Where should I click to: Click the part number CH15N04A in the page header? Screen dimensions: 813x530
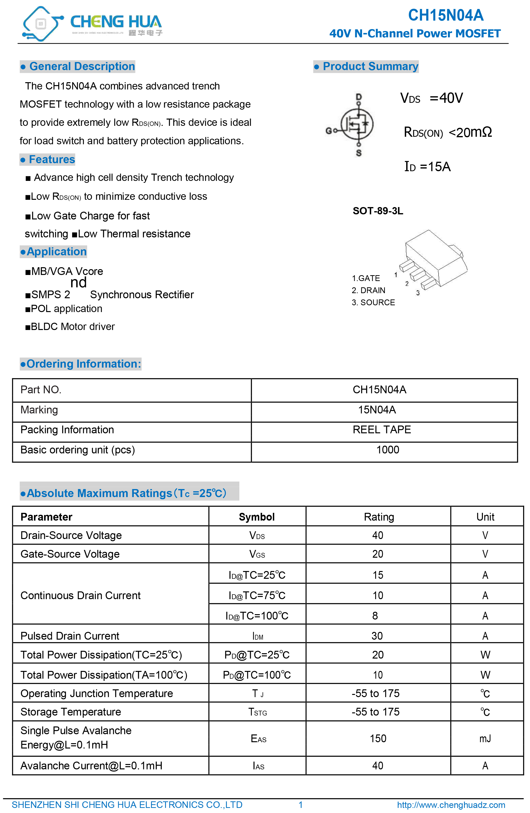[x=446, y=15]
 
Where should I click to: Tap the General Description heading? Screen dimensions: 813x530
[x=78, y=66]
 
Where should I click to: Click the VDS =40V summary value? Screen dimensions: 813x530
[x=431, y=98]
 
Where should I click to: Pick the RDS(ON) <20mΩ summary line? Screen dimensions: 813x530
[x=448, y=132]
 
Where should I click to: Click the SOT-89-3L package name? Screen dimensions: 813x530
[x=378, y=211]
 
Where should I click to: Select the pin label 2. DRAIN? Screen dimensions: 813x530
[x=369, y=290]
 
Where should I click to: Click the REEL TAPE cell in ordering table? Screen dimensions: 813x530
[x=382, y=429]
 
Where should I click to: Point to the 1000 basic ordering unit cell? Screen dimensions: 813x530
[x=387, y=450]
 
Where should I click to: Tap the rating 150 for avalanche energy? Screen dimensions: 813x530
[x=378, y=739]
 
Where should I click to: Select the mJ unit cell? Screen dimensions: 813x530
[x=485, y=739]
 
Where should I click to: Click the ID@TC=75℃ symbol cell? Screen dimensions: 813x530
[x=257, y=596]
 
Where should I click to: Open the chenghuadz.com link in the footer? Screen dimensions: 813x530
[x=451, y=805]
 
